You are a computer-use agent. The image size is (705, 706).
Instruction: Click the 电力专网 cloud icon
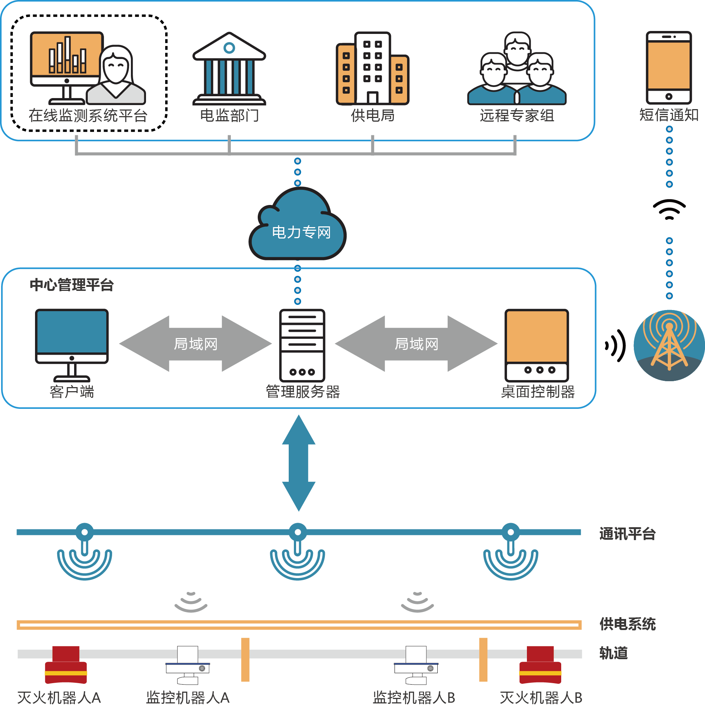click(298, 225)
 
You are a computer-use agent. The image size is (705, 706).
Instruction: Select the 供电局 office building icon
click(372, 68)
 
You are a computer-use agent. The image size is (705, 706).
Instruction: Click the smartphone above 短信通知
click(668, 67)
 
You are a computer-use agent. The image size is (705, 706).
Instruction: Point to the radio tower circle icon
click(669, 345)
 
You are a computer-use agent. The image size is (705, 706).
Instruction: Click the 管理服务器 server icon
click(302, 345)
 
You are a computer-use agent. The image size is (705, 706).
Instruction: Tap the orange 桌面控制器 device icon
click(536, 345)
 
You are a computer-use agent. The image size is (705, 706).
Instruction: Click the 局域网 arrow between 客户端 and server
click(195, 344)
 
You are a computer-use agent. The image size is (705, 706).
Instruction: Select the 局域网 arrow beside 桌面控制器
click(416, 344)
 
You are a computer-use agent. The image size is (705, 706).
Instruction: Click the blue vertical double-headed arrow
click(299, 463)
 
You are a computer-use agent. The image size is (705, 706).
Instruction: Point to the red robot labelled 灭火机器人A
click(66, 664)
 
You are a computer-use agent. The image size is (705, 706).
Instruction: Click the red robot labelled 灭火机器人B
click(540, 664)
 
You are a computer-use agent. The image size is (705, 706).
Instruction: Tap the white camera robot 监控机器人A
click(188, 665)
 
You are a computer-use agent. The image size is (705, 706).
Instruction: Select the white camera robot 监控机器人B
click(416, 665)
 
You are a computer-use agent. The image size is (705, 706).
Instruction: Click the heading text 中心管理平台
click(72, 285)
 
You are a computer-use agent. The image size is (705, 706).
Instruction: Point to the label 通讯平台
click(627, 534)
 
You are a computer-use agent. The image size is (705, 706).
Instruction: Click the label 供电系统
click(627, 624)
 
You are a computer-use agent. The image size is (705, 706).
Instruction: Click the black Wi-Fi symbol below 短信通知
click(669, 209)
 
